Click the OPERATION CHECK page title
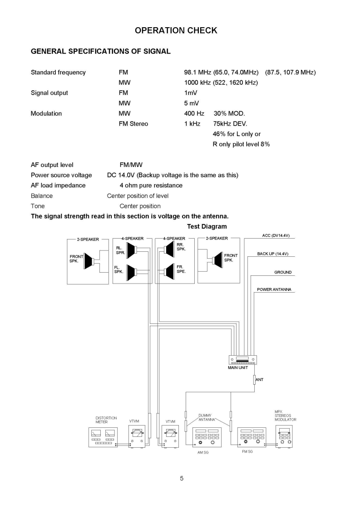point(176,30)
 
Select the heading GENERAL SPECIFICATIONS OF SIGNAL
point(100,51)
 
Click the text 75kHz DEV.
point(230,123)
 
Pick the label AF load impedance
point(58,185)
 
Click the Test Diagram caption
point(207,226)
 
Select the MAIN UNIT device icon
point(242,360)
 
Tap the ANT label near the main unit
point(260,379)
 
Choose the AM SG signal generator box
point(207,437)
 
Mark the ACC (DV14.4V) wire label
point(276,235)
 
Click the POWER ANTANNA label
point(274,289)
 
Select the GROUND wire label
point(282,272)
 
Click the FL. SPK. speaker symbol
point(131,271)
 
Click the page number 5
point(182,478)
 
